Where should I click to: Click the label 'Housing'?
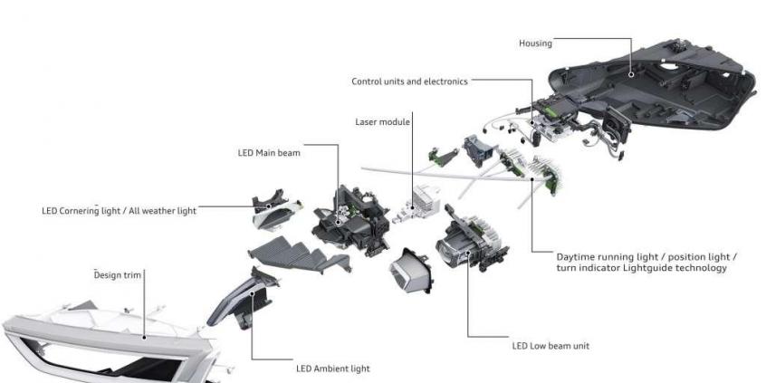(x=535, y=43)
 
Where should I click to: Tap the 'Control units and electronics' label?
(x=409, y=81)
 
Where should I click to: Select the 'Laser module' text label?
(x=383, y=121)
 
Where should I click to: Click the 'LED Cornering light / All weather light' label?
(x=119, y=211)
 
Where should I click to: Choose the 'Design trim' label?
(x=120, y=273)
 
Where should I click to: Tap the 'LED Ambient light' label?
(x=332, y=369)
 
